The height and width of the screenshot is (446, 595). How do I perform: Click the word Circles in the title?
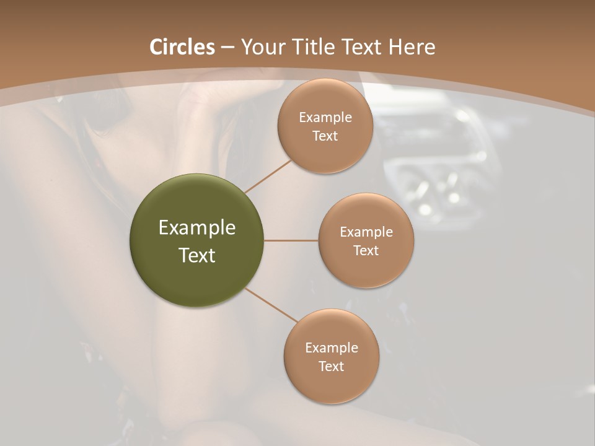coord(182,47)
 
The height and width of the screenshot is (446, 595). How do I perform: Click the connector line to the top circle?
coord(268,177)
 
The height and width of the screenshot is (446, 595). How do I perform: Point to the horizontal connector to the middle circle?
coord(291,240)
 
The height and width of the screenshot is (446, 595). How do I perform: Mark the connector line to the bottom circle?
coord(271,305)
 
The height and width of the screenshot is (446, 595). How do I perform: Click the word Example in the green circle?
coord(197,228)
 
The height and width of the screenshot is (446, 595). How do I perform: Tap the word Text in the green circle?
coord(197,255)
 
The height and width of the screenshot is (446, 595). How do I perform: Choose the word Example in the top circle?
coord(325,117)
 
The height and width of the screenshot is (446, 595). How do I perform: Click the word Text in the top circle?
coord(325,136)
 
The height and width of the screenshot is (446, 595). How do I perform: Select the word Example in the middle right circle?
coord(366,232)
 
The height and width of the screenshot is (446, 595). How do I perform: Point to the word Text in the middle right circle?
coord(366,250)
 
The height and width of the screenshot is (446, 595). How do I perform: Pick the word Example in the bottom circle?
coord(332,348)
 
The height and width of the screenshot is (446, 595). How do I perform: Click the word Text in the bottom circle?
coord(331,366)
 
